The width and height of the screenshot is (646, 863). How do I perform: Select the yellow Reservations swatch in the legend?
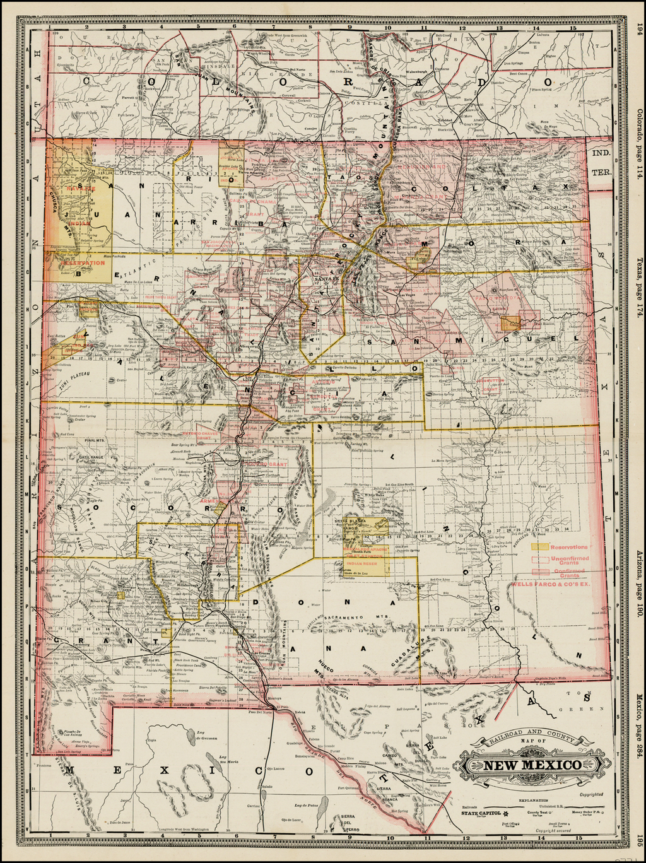pos(539,548)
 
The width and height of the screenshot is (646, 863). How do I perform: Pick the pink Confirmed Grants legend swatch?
pos(539,572)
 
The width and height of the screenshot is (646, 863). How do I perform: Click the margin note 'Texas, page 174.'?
pos(639,287)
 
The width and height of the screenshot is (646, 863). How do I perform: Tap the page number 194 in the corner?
pos(639,28)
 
